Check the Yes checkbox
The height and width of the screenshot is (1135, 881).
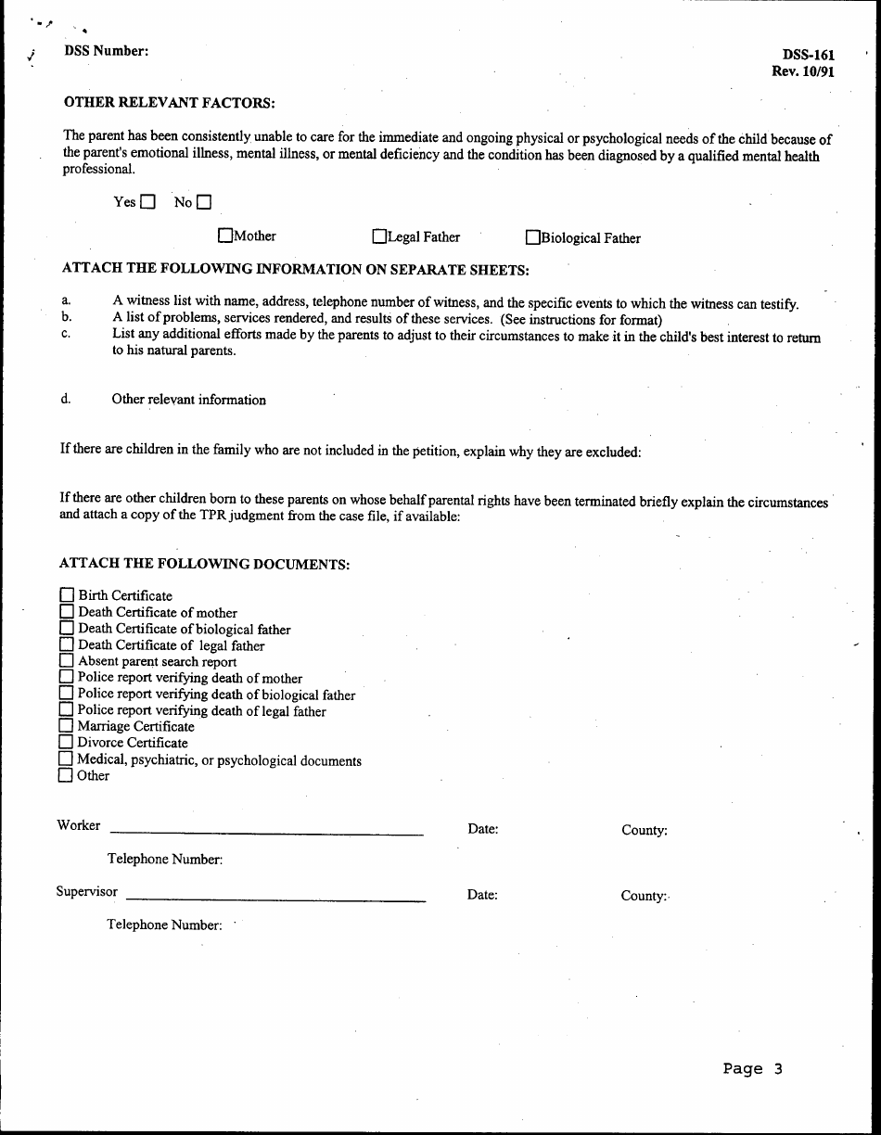(148, 202)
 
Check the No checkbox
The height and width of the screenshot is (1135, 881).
(204, 202)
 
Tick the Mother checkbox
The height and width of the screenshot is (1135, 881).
(225, 236)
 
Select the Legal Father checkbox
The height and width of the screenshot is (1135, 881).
(379, 237)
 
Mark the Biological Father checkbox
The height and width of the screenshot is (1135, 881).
(533, 238)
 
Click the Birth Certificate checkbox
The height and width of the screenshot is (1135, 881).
(67, 595)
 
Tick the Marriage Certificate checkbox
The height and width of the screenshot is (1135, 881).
(66, 726)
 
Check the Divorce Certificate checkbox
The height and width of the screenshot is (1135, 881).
(66, 742)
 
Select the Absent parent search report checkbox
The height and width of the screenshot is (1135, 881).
(67, 661)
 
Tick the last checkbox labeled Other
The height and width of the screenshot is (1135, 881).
(65, 775)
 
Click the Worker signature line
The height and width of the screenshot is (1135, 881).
(266, 832)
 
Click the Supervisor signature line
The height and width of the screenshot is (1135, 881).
(275, 898)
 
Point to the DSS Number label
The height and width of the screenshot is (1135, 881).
(106, 52)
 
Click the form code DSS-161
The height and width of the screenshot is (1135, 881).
(808, 56)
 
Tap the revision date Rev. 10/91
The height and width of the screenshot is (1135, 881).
(802, 71)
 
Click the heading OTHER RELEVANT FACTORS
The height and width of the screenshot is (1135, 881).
(169, 102)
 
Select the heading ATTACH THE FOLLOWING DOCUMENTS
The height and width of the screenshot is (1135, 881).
(204, 563)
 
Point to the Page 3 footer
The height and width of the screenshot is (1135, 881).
(752, 1069)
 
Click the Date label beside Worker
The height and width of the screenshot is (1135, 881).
(483, 829)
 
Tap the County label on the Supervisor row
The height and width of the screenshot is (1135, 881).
(644, 896)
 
